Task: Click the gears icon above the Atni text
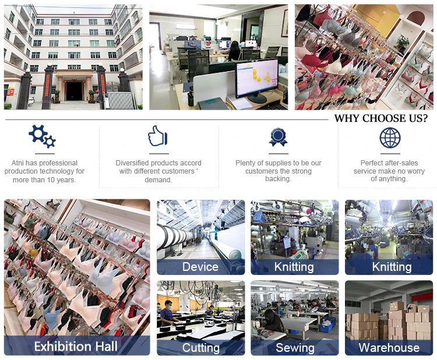[x=42, y=136]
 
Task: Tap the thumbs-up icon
[x=157, y=136]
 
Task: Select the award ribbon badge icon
[x=278, y=137]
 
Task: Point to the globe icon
[x=390, y=137]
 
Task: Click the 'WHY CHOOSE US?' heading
[x=380, y=118]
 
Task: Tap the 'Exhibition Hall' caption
[x=76, y=347]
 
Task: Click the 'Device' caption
[x=200, y=267]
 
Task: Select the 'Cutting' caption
[x=200, y=348]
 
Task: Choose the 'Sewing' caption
[x=295, y=348]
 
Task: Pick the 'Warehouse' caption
[x=389, y=347]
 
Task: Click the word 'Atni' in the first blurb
[x=17, y=163]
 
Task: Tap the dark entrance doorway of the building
[x=74, y=91]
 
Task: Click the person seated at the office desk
[x=234, y=51]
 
